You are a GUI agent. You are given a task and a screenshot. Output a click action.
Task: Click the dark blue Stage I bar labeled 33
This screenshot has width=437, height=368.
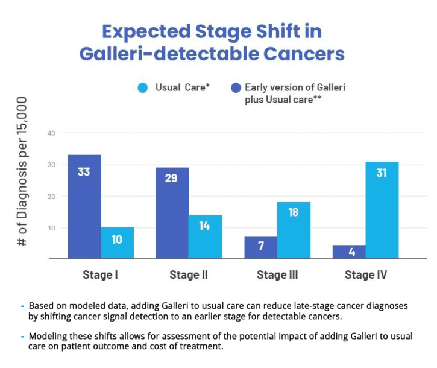84,206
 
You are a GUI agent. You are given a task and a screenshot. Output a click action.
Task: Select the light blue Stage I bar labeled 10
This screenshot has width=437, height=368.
117,243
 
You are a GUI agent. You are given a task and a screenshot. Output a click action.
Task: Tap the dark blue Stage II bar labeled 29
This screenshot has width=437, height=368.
172,213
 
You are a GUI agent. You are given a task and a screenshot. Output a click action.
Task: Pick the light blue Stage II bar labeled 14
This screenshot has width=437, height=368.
205,236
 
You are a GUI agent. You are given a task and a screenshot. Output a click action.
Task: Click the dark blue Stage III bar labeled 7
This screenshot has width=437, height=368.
260,247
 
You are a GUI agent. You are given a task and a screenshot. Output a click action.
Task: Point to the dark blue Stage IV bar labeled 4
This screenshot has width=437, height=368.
349,252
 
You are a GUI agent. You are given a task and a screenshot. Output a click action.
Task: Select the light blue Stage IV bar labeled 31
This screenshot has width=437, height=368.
382,210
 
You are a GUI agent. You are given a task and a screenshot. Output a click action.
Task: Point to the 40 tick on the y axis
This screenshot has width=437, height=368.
51,133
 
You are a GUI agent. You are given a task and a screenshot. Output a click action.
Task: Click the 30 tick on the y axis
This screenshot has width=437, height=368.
51,165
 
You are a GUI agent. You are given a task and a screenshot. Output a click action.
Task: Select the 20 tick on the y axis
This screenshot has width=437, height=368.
51,197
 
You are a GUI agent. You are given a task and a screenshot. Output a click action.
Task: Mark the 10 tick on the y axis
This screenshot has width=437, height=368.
51,228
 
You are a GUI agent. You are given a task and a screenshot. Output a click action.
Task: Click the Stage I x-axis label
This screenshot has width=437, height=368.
100,275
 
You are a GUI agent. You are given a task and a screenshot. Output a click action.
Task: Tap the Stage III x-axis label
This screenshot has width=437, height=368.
277,275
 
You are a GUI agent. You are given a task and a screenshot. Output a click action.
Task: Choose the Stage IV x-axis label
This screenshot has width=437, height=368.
365,275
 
